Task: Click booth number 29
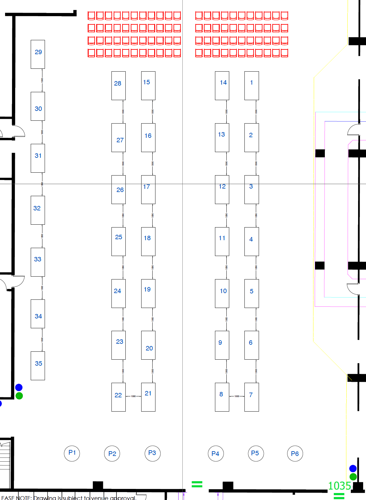(38, 54)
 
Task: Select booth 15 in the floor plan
(148, 86)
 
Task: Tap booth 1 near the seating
(251, 86)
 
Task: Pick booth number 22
(118, 397)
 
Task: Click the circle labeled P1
(72, 453)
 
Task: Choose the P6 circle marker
(295, 454)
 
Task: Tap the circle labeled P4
(216, 454)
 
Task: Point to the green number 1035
(339, 486)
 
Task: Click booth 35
(38, 366)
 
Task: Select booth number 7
(251, 397)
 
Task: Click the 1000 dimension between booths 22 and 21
(133, 396)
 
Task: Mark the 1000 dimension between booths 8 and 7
(237, 396)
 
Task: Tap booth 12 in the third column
(222, 189)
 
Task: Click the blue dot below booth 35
(19, 387)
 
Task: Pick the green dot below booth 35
(19, 396)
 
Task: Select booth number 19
(148, 293)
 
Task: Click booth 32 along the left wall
(38, 210)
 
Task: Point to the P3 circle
(152, 453)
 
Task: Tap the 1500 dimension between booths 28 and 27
(123, 112)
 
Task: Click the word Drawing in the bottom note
(45, 498)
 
